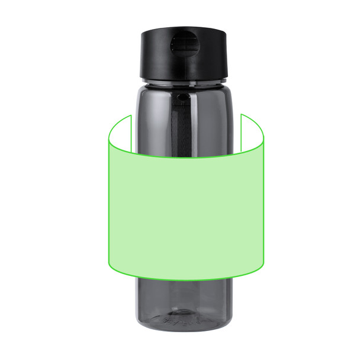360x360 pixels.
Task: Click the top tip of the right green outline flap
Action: pyautogui.click(x=241, y=114)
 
